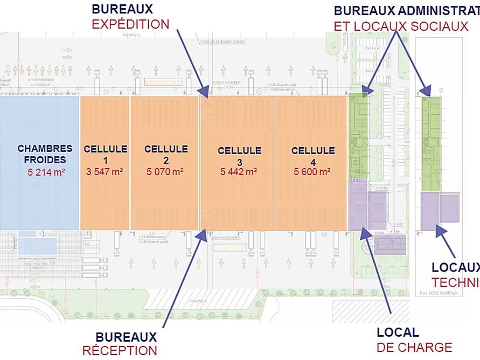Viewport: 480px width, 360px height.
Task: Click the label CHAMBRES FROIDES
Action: pos(45,154)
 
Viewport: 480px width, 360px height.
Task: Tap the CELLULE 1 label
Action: pos(106,155)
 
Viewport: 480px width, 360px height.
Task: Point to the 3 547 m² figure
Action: pos(105,172)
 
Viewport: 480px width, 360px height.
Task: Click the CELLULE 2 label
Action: pos(166,155)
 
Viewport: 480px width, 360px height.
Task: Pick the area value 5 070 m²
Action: pos(165,172)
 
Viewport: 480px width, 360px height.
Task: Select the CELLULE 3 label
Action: pos(239,156)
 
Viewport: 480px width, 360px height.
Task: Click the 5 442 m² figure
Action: pos(239,172)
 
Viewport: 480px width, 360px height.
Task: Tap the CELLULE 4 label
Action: pos(313,156)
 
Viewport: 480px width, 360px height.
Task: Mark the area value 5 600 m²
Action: pos(312,172)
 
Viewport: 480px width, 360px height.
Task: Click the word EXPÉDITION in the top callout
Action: pos(130,24)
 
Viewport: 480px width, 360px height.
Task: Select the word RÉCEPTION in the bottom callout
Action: pos(120,350)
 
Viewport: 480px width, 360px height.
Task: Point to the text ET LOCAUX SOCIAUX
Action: pos(401,26)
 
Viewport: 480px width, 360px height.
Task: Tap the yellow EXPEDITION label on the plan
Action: pos(164,81)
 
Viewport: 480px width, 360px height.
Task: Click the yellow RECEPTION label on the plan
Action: pos(229,248)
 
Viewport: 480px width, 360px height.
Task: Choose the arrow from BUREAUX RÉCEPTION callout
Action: pos(183,280)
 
